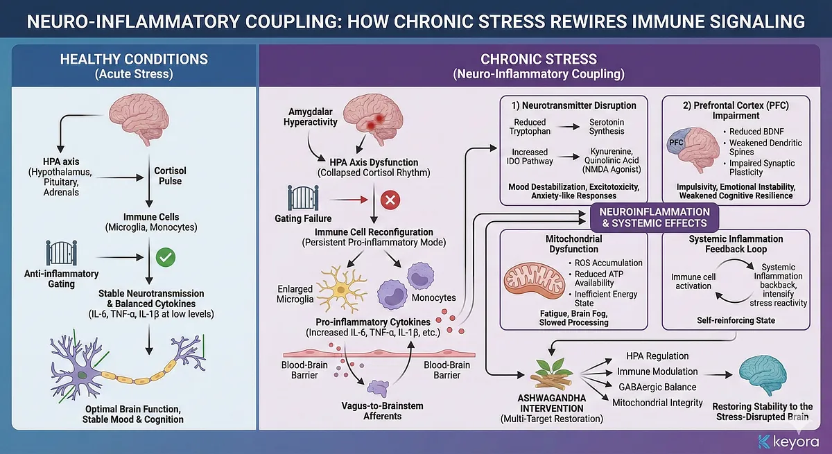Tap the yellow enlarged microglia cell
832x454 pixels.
pyautogui.click(x=340, y=290)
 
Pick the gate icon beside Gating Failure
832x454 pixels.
pyautogui.click(x=299, y=198)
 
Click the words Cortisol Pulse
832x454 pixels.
pyautogui.click(x=170, y=176)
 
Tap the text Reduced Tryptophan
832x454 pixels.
pyautogui.click(x=530, y=126)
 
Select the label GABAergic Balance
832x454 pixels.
pyautogui.click(x=657, y=387)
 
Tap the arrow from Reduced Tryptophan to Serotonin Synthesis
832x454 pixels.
pyautogui.click(x=569, y=127)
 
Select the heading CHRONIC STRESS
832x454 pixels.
pyautogui.click(x=538, y=60)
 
